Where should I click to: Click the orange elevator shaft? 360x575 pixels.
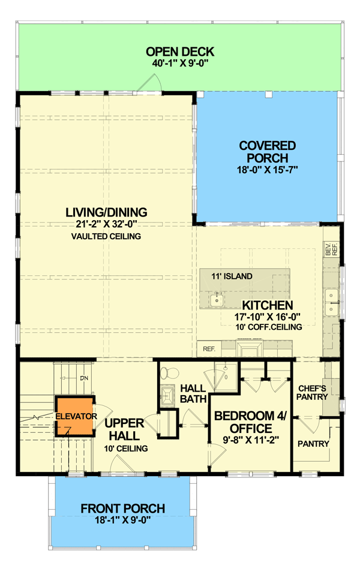[74, 416]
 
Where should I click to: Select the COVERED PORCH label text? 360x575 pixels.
[267, 152]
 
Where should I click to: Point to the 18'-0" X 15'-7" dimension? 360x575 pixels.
[267, 170]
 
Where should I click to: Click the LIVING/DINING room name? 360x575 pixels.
[107, 213]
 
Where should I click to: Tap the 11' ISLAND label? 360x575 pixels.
[231, 276]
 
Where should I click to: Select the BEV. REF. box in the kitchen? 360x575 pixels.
[331, 249]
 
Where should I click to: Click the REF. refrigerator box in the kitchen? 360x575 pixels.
[209, 348]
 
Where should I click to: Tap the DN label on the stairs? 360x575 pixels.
[83, 378]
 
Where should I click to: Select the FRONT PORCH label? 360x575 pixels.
[122, 508]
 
